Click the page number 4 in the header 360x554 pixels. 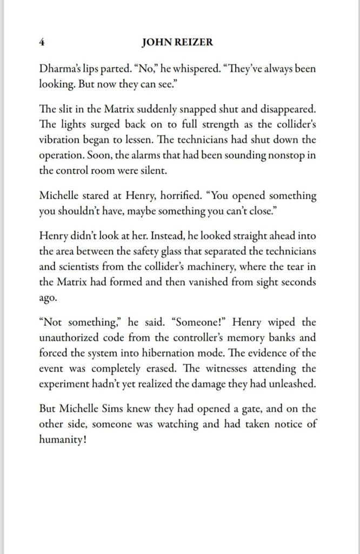42,42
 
